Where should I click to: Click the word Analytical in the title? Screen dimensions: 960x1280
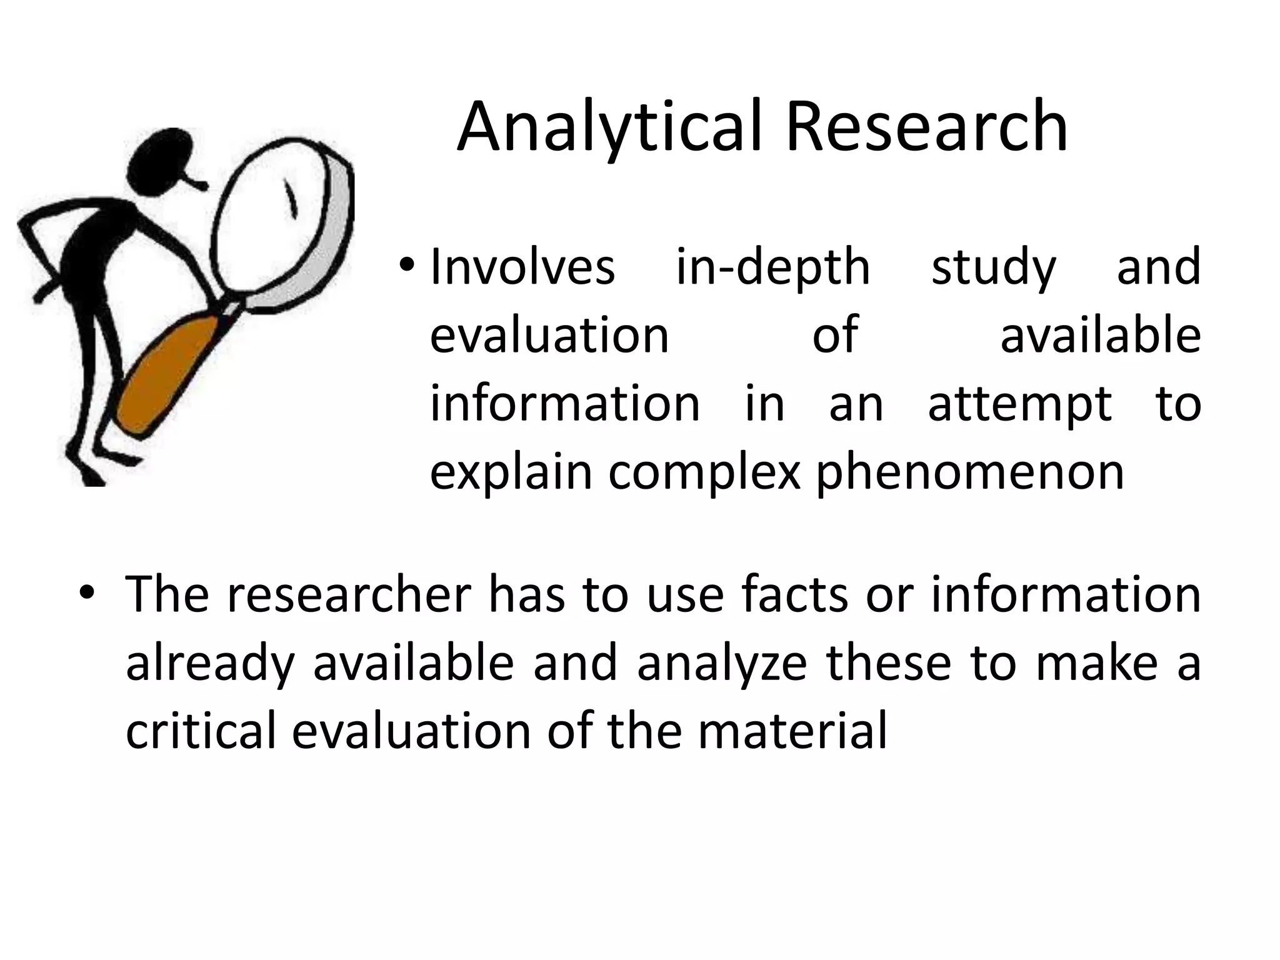point(609,128)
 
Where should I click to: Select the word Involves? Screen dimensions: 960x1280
point(522,268)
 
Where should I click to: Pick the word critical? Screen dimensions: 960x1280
point(201,731)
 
